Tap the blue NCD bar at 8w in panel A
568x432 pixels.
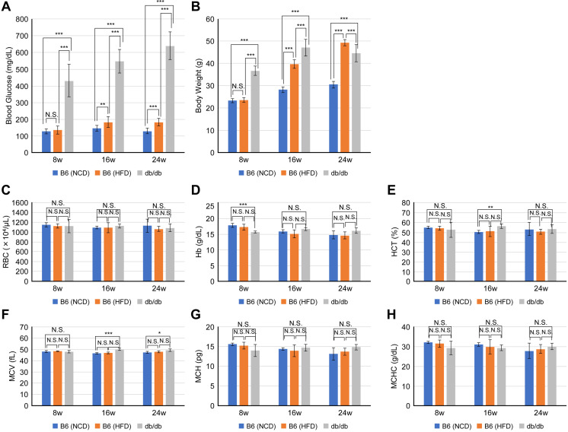46,142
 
